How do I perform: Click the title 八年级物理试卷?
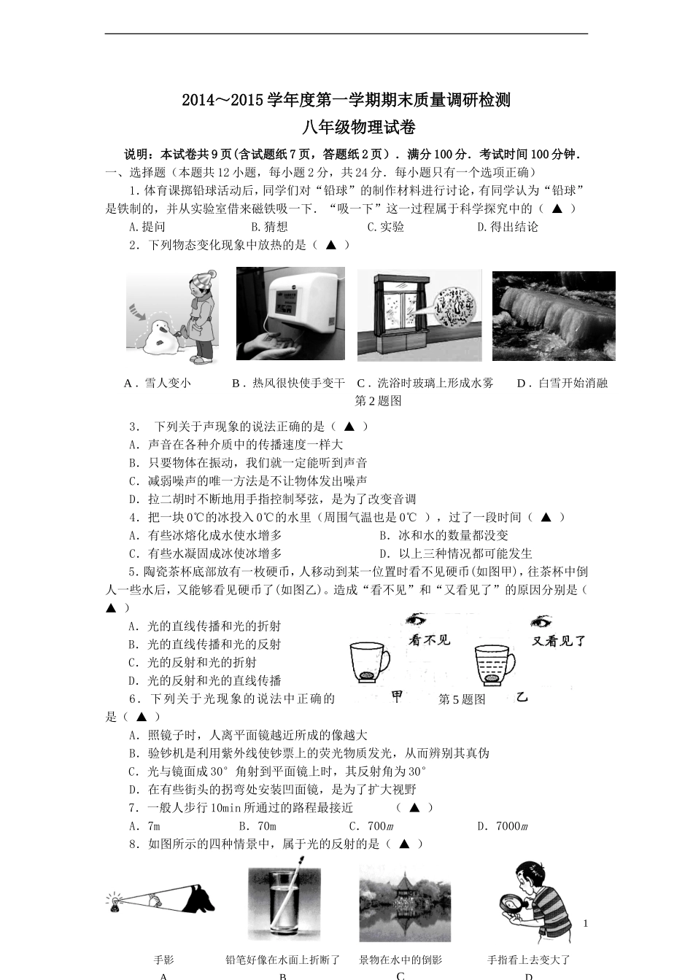click(346, 128)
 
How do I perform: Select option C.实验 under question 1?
click(385, 227)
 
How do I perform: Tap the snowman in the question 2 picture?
click(160, 336)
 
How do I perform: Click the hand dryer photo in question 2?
click(290, 313)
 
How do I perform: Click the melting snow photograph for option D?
click(554, 316)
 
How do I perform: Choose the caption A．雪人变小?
click(158, 383)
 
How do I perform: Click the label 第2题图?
click(378, 401)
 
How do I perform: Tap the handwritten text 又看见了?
click(559, 641)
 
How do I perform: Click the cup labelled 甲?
click(369, 664)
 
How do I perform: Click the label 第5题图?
click(462, 699)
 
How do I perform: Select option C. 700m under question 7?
click(371, 826)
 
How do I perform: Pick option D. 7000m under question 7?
click(503, 826)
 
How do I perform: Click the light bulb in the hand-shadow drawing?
click(115, 903)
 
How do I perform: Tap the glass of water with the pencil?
click(284, 905)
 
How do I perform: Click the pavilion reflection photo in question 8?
click(405, 904)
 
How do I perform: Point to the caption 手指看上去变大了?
click(529, 960)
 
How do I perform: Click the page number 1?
click(585, 923)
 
